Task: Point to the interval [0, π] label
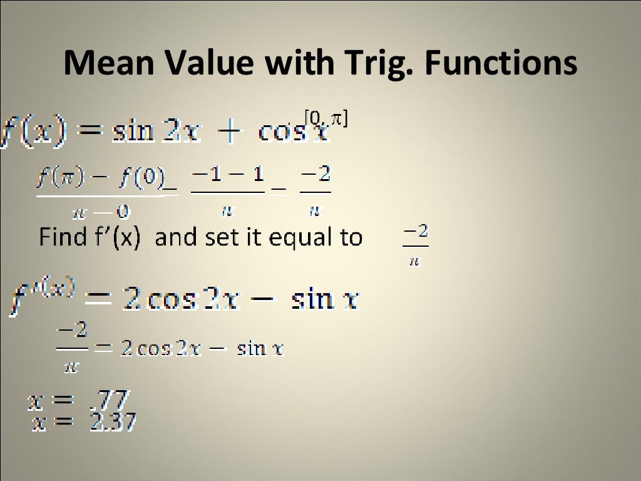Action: click(325, 117)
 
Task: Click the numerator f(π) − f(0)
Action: click(100, 174)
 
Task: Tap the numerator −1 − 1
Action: click(227, 174)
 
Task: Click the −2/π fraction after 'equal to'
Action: click(415, 246)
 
